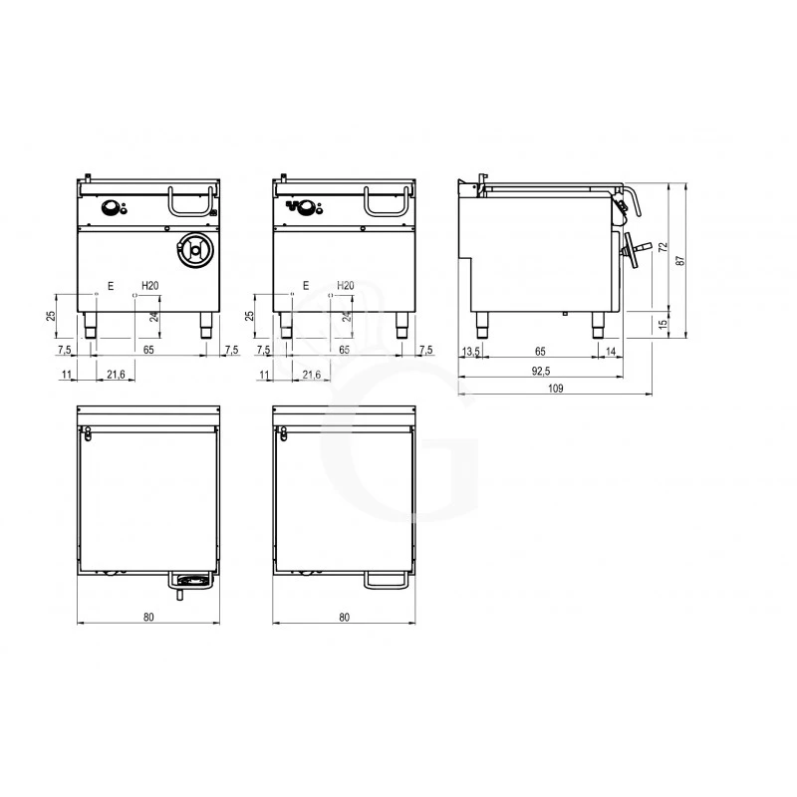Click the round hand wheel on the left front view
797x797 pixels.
(192, 250)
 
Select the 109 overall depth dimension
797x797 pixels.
(557, 392)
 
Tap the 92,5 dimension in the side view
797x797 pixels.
(541, 372)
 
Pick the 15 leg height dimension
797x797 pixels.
(662, 325)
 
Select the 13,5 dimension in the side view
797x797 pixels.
(471, 352)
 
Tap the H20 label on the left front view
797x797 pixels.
(149, 286)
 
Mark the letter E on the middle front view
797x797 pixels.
(306, 286)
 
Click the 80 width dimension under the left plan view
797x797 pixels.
(148, 618)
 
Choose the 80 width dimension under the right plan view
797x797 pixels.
(344, 618)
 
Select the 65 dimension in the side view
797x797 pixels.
(540, 352)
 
